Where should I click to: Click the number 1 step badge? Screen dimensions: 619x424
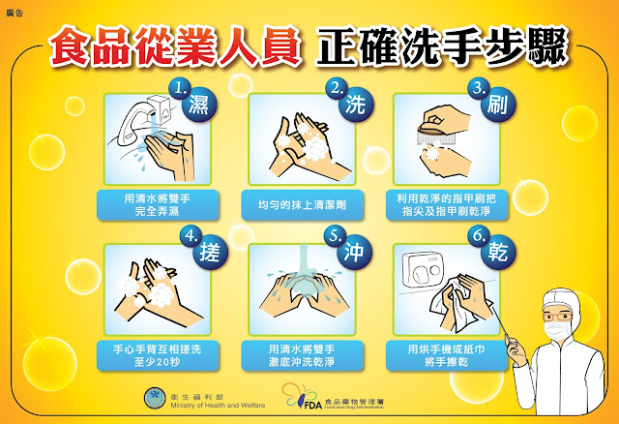(x=181, y=89)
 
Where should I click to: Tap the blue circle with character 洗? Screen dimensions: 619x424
(x=356, y=105)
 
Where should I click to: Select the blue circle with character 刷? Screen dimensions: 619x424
(x=498, y=105)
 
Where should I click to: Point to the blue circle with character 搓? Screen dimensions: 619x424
(x=210, y=252)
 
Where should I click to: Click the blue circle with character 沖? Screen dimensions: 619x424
(x=355, y=252)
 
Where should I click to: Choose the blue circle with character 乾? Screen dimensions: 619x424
(x=498, y=252)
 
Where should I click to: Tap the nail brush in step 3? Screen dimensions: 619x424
(x=436, y=133)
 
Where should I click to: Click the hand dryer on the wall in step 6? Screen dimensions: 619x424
(x=424, y=269)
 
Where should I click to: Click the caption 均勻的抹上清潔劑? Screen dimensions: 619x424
(x=302, y=204)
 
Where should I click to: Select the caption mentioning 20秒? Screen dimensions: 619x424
(x=158, y=355)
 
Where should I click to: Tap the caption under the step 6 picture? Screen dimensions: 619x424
(x=447, y=355)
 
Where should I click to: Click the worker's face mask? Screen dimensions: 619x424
(x=557, y=330)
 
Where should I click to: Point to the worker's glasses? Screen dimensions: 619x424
(x=557, y=317)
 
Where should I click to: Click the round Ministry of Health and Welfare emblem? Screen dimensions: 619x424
(x=155, y=398)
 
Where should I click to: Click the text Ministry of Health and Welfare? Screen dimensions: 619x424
(x=218, y=405)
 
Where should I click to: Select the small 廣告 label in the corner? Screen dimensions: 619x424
(x=15, y=13)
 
